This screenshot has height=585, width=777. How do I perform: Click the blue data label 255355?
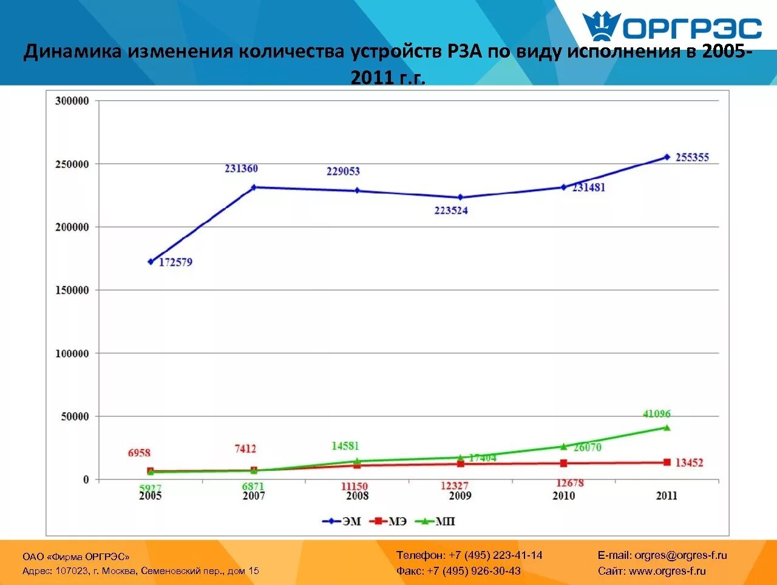[692, 158]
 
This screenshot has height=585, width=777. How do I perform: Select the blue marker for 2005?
[151, 262]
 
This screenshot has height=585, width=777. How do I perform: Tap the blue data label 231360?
[241, 169]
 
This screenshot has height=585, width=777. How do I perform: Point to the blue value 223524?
[451, 211]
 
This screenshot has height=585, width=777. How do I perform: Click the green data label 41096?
[657, 414]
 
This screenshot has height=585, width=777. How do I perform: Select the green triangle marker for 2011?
[667, 428]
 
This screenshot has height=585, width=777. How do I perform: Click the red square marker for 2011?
[667, 462]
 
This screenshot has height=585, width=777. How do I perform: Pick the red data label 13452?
[689, 463]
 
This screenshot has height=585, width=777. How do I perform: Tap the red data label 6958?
[139, 453]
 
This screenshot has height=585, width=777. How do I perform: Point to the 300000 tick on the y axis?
[72, 101]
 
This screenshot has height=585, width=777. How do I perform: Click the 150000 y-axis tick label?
[72, 290]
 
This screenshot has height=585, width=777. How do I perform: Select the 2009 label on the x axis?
[460, 496]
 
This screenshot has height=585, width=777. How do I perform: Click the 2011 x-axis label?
[667, 496]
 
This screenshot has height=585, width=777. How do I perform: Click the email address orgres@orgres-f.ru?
[680, 555]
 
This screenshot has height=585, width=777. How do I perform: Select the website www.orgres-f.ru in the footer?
[667, 571]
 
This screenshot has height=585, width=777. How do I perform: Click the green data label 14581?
[345, 446]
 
